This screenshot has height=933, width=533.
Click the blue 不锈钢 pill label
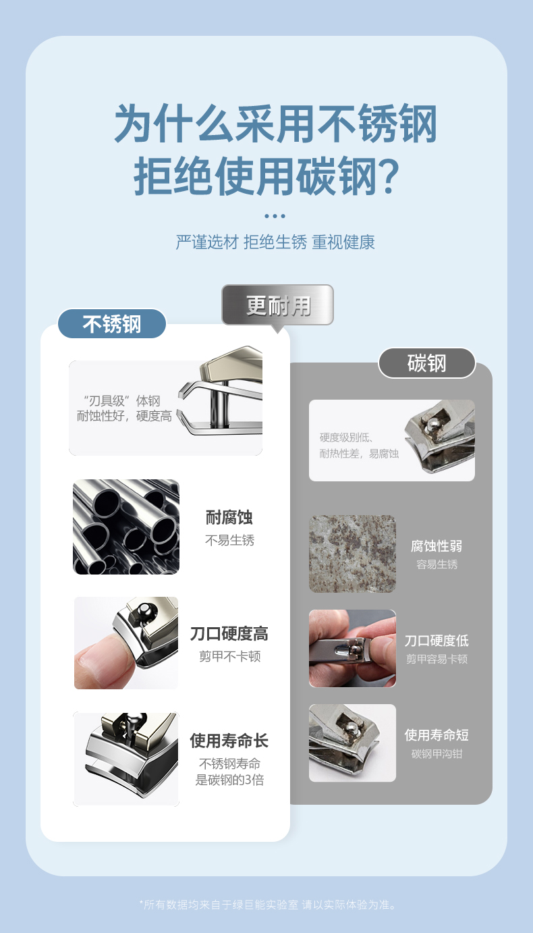(111, 323)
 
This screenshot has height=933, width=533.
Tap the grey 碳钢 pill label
(427, 363)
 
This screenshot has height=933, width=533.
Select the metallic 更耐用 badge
(277, 305)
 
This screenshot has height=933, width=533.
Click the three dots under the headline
(275, 216)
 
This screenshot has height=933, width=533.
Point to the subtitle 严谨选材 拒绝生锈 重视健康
(275, 242)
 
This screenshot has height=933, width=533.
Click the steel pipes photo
(126, 527)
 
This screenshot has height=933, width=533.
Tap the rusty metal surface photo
(352, 554)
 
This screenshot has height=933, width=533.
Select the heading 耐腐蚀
(229, 517)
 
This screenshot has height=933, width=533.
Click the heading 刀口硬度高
(229, 633)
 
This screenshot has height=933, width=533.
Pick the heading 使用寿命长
(229, 741)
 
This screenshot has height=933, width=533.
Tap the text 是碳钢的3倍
(230, 780)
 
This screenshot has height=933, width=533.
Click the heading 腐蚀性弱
(437, 545)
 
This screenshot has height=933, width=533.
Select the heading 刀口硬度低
(437, 640)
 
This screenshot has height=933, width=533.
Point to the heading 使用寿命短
(437, 735)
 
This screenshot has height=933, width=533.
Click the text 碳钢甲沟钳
(437, 753)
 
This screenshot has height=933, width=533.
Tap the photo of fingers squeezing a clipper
(352, 648)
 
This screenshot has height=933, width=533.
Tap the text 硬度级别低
(345, 437)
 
